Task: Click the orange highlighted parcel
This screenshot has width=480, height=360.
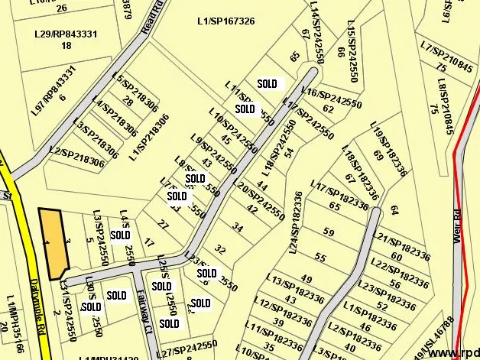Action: coord(54,243)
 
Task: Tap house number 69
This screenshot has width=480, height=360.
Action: coord(378,155)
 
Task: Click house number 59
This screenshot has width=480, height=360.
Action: coord(329,232)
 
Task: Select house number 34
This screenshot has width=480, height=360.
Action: coord(238,228)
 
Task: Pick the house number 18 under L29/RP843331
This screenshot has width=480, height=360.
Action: coord(66,46)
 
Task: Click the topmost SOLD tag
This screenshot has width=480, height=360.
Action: coord(268,83)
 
